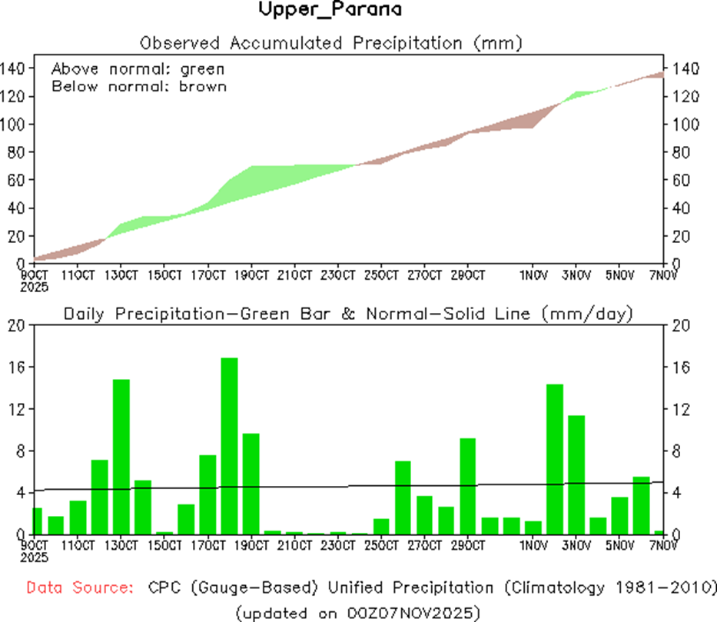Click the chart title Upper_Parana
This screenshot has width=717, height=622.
coord(330,11)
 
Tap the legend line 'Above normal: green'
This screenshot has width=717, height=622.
coord(138,69)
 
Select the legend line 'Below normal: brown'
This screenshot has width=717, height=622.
coord(139,86)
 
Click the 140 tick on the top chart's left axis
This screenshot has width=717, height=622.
coord(13,68)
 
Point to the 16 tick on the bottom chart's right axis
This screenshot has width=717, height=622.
coord(680,367)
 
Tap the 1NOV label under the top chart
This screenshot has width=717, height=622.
coord(533,275)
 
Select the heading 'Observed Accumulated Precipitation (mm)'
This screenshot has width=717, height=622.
coord(331,42)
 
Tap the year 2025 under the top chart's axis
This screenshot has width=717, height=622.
coord(35,287)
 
